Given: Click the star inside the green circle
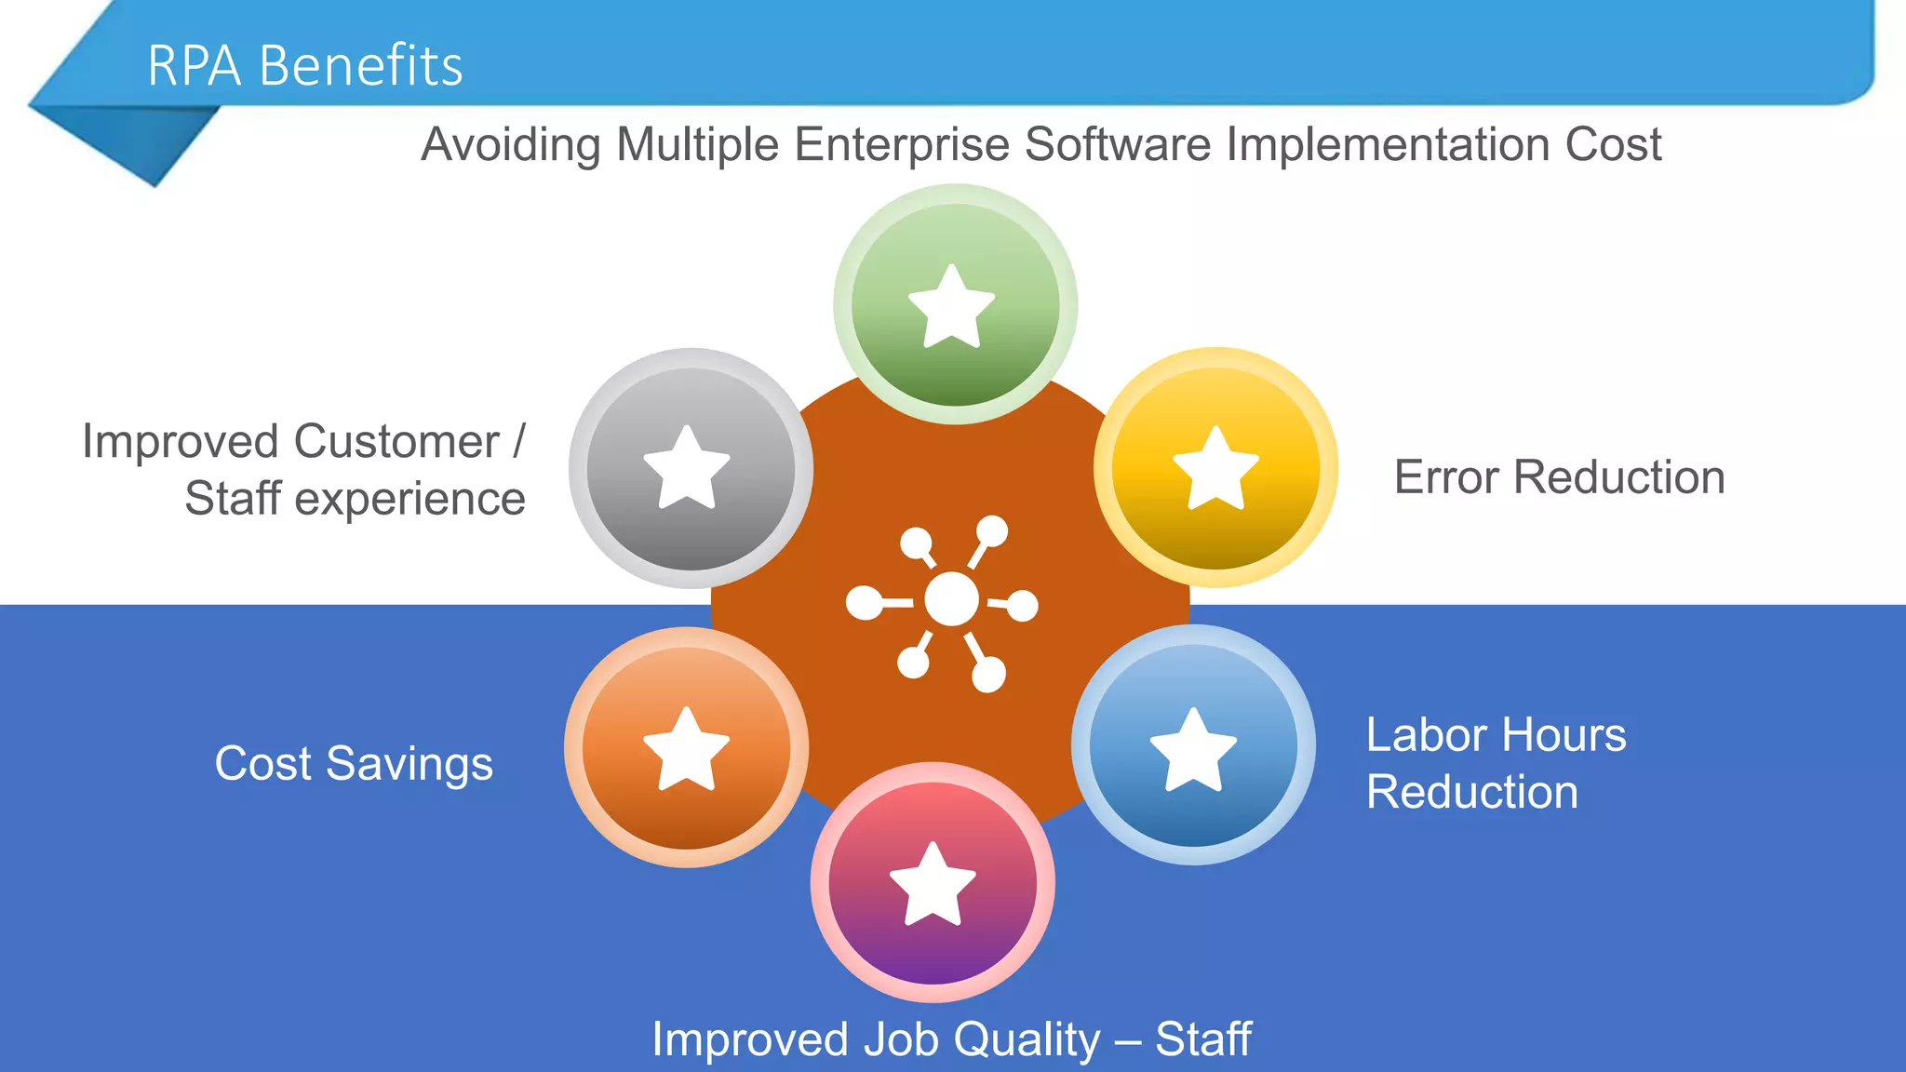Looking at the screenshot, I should point(952,306).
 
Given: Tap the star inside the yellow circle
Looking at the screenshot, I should point(1215,468).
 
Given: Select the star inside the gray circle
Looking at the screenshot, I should point(687,468).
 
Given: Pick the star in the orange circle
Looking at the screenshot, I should point(687,749).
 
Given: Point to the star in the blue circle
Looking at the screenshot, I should point(1193,749).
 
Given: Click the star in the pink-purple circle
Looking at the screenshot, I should point(933,884).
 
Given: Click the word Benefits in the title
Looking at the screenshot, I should point(360,66).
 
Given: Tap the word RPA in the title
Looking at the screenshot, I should point(194,66).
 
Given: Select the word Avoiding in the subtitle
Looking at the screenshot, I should point(510,145).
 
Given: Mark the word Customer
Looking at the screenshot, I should point(396,441).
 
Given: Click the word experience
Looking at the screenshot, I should point(409,500).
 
